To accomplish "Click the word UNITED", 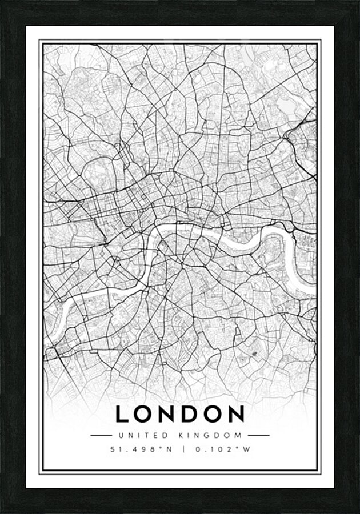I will (137, 435).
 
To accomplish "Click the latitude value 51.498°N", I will (138, 449).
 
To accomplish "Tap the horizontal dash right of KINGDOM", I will (258, 435).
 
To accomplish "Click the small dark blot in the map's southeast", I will (253, 355).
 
